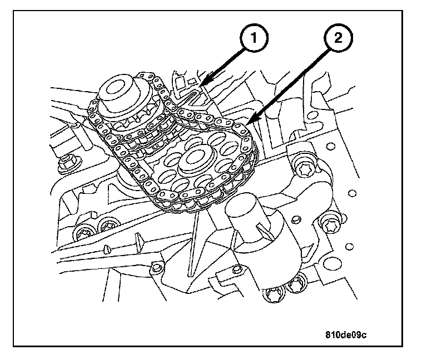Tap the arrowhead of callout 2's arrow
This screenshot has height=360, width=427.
tap(250, 123)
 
